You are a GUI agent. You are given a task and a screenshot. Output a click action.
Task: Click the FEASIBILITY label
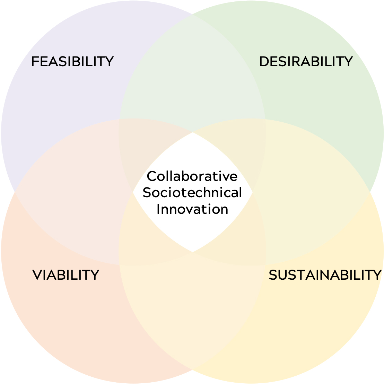pos(72,61)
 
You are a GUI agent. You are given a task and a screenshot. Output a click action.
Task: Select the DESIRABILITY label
pos(306,61)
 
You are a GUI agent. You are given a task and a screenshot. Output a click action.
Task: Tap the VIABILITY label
pos(66,275)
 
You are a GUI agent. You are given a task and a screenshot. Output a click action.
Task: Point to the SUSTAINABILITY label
pos(325,275)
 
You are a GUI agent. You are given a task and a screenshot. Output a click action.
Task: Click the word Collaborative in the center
pos(192,176)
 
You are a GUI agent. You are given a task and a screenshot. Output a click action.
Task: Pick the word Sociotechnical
pos(192,192)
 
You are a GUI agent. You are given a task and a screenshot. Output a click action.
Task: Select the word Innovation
pos(192,209)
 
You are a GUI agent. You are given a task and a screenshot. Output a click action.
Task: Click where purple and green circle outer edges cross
pos(192,14)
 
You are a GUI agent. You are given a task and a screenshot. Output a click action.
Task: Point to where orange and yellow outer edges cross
pos(192,370)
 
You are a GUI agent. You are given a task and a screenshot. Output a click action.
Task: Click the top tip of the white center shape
pos(193,132)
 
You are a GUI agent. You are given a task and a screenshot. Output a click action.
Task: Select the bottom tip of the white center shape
pos(192,252)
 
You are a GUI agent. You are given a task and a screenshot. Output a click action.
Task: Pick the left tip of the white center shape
pos(133,192)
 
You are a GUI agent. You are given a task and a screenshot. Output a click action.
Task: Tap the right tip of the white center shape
pos(252,192)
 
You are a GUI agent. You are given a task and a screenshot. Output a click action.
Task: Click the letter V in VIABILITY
pos(37,275)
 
